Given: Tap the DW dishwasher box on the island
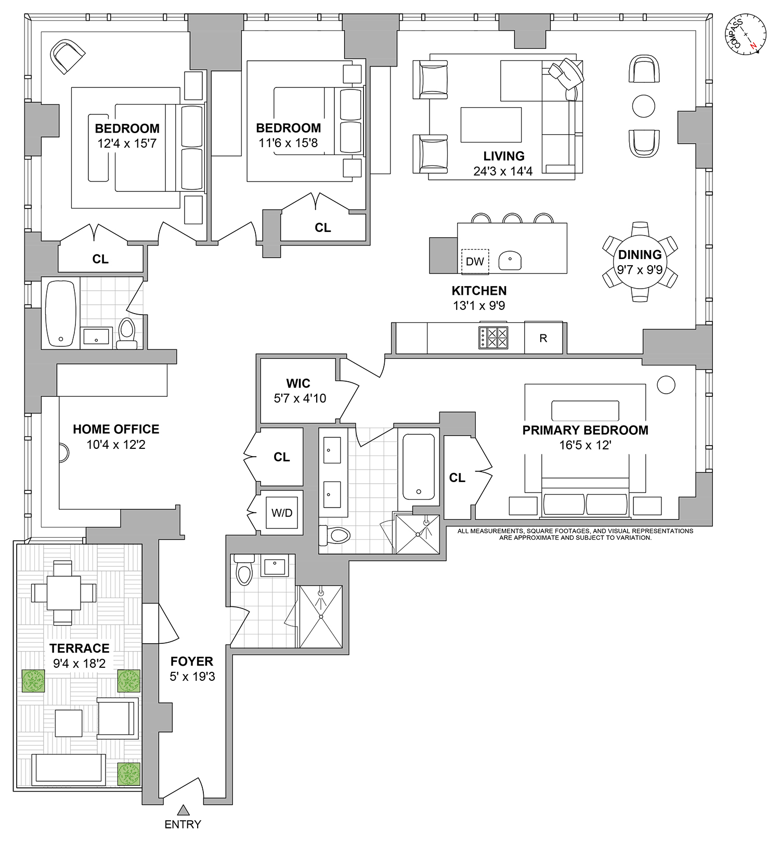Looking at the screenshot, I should pyautogui.click(x=475, y=261).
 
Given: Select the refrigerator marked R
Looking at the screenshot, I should pyautogui.click(x=543, y=338).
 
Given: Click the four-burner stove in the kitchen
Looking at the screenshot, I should pyautogui.click(x=493, y=337).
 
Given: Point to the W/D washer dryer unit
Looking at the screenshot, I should pyautogui.click(x=282, y=513).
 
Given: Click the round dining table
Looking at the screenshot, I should pyautogui.click(x=640, y=262).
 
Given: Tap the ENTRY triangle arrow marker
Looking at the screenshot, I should pyautogui.click(x=183, y=810).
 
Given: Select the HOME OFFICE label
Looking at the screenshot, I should pyautogui.click(x=116, y=429).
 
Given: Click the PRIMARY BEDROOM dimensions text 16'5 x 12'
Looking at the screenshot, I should pyautogui.click(x=585, y=445).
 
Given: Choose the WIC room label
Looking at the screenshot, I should pyautogui.click(x=298, y=383).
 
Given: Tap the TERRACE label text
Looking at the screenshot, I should pyautogui.click(x=80, y=648).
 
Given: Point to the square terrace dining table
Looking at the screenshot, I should pyautogui.click(x=63, y=593).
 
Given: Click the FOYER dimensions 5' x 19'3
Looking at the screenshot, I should pyautogui.click(x=192, y=676).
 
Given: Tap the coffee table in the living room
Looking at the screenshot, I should pyautogui.click(x=491, y=125).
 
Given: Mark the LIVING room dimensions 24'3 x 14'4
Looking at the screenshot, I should pyautogui.click(x=503, y=171).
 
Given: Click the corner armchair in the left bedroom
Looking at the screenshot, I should pyautogui.click(x=67, y=56).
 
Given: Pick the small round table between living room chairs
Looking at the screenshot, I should pyautogui.click(x=643, y=106).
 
